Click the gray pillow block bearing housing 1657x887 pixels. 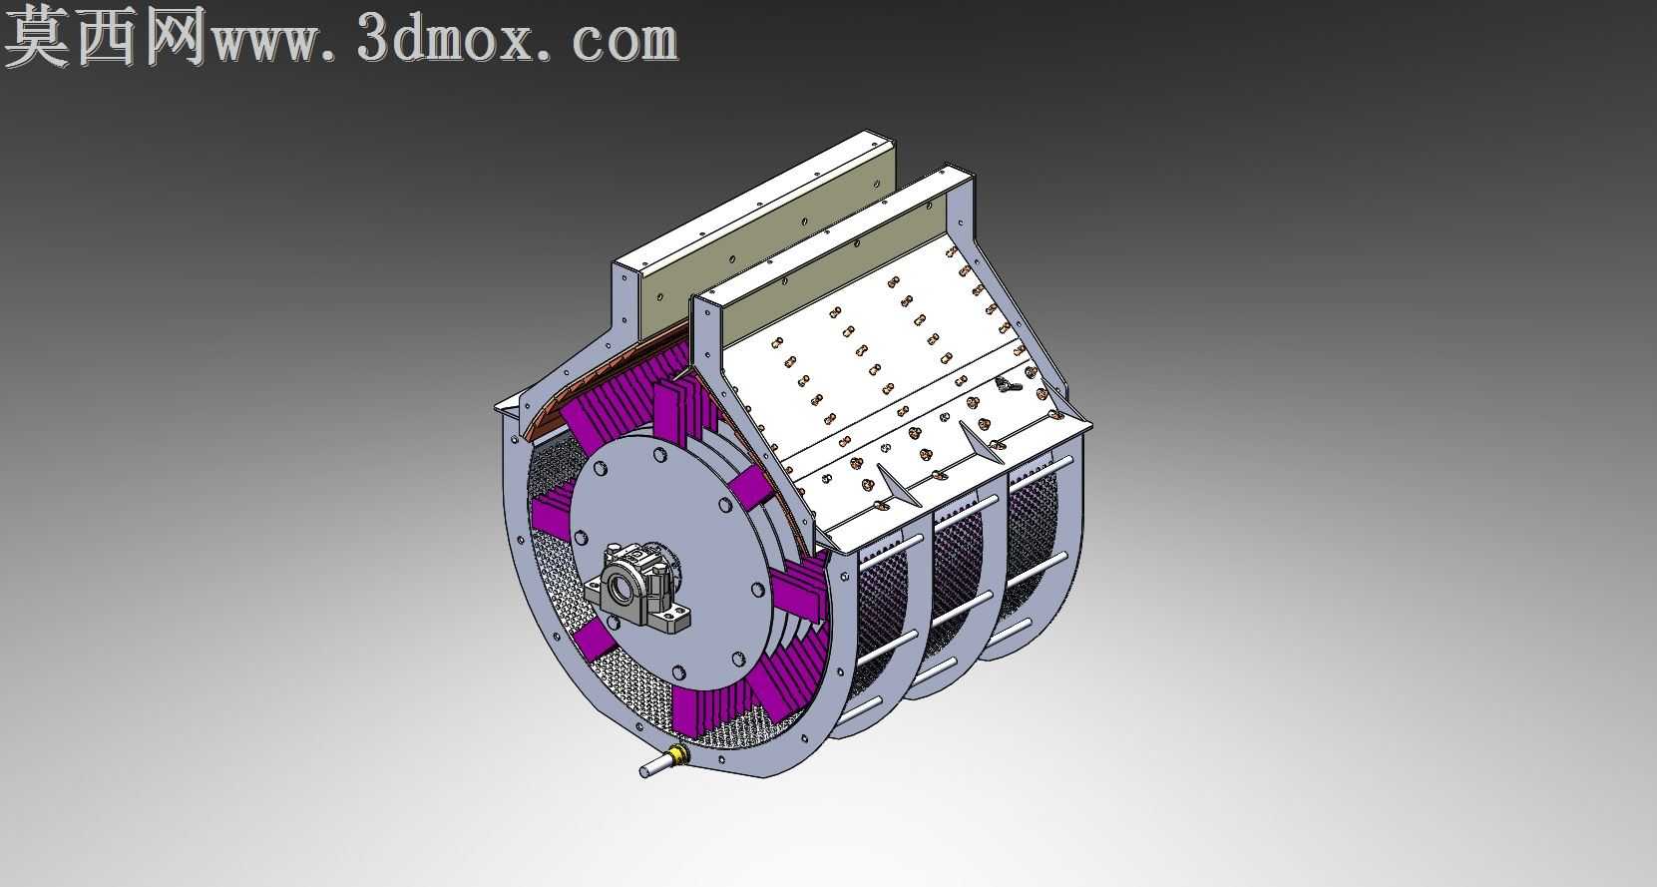click(637, 586)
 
